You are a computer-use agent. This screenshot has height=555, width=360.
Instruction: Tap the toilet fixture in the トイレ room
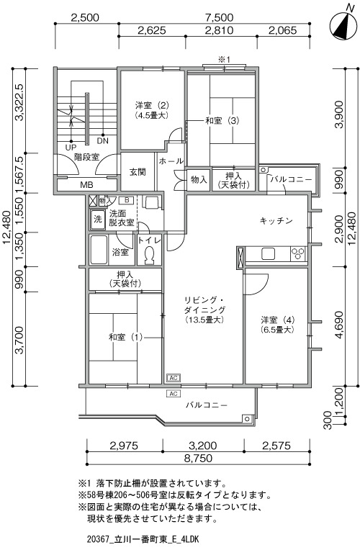(x=149, y=255)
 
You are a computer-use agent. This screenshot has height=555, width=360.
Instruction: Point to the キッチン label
(x=276, y=221)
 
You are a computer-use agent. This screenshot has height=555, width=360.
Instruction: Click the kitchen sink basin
(x=269, y=254)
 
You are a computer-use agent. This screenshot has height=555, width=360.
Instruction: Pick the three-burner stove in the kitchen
(x=298, y=254)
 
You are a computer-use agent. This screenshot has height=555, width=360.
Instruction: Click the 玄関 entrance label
(x=138, y=172)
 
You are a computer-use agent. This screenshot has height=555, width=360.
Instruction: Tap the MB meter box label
(x=86, y=184)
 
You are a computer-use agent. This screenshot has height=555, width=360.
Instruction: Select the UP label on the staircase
(x=71, y=148)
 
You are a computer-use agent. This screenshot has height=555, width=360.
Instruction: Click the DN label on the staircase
(x=103, y=141)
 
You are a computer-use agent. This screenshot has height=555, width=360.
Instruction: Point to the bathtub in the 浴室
(x=99, y=250)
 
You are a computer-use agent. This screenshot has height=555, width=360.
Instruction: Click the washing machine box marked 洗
(x=97, y=219)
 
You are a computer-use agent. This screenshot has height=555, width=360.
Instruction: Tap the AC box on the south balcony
(x=174, y=394)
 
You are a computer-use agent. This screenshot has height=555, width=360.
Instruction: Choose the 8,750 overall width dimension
(x=198, y=459)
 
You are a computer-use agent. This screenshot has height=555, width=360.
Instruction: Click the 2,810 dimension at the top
(x=219, y=30)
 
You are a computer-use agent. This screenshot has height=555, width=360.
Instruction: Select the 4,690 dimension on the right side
(x=339, y=325)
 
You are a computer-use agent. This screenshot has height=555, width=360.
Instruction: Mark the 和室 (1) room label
(x=125, y=337)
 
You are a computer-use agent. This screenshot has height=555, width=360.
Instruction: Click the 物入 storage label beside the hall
(x=199, y=179)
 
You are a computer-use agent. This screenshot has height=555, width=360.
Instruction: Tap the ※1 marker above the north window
(x=224, y=60)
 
